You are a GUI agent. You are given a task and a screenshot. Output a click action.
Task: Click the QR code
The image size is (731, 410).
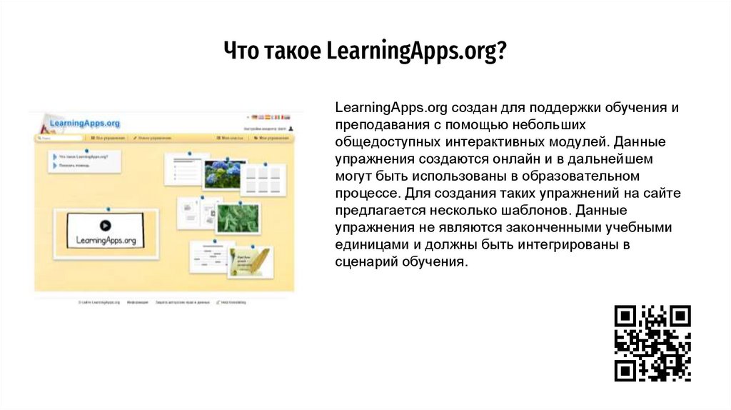(652, 343)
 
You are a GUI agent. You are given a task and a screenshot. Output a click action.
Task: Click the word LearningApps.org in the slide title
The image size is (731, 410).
(416, 52)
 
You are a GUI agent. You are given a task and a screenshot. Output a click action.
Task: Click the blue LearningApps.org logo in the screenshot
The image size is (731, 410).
(85, 124)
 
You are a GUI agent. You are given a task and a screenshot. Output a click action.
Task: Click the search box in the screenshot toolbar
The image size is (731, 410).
(50, 137)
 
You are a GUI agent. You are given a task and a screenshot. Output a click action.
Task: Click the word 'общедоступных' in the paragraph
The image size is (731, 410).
(380, 141)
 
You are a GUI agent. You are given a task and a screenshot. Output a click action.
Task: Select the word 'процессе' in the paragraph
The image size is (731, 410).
(364, 193)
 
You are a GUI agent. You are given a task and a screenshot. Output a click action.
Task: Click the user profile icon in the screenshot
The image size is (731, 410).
(291, 129)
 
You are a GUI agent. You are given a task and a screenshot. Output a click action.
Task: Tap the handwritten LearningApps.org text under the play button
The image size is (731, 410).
(106, 240)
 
